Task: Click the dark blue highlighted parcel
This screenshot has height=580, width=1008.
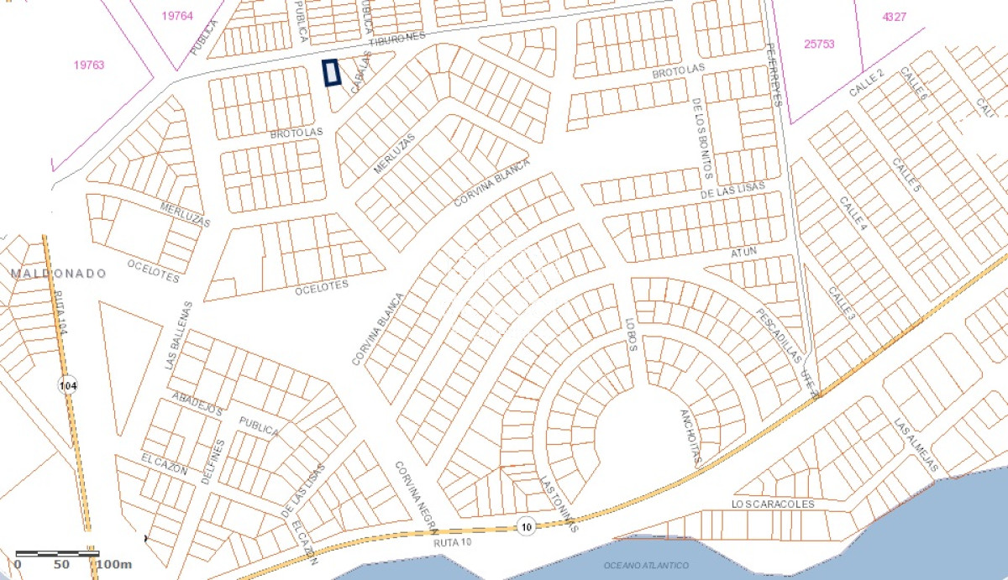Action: pyautogui.click(x=331, y=73)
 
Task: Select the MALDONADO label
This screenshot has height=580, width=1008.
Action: pyautogui.click(x=59, y=274)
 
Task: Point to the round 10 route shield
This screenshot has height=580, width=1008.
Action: pyautogui.click(x=526, y=525)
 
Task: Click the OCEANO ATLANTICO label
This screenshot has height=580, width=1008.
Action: pyautogui.click(x=646, y=566)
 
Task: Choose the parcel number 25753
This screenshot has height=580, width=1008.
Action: pyautogui.click(x=819, y=44)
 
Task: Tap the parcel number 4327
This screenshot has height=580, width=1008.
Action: pyautogui.click(x=894, y=17)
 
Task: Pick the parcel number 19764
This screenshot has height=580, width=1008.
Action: pyautogui.click(x=176, y=16)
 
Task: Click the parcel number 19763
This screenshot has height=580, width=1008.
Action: pyautogui.click(x=88, y=65)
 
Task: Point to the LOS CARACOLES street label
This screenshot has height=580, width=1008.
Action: pyautogui.click(x=773, y=504)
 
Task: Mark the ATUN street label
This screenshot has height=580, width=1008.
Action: pyautogui.click(x=743, y=251)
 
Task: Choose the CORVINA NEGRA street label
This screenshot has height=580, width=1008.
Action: pyautogui.click(x=416, y=496)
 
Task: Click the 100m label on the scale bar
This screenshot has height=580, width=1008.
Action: pyautogui.click(x=113, y=564)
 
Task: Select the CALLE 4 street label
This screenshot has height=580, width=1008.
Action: pyautogui.click(x=853, y=214)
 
